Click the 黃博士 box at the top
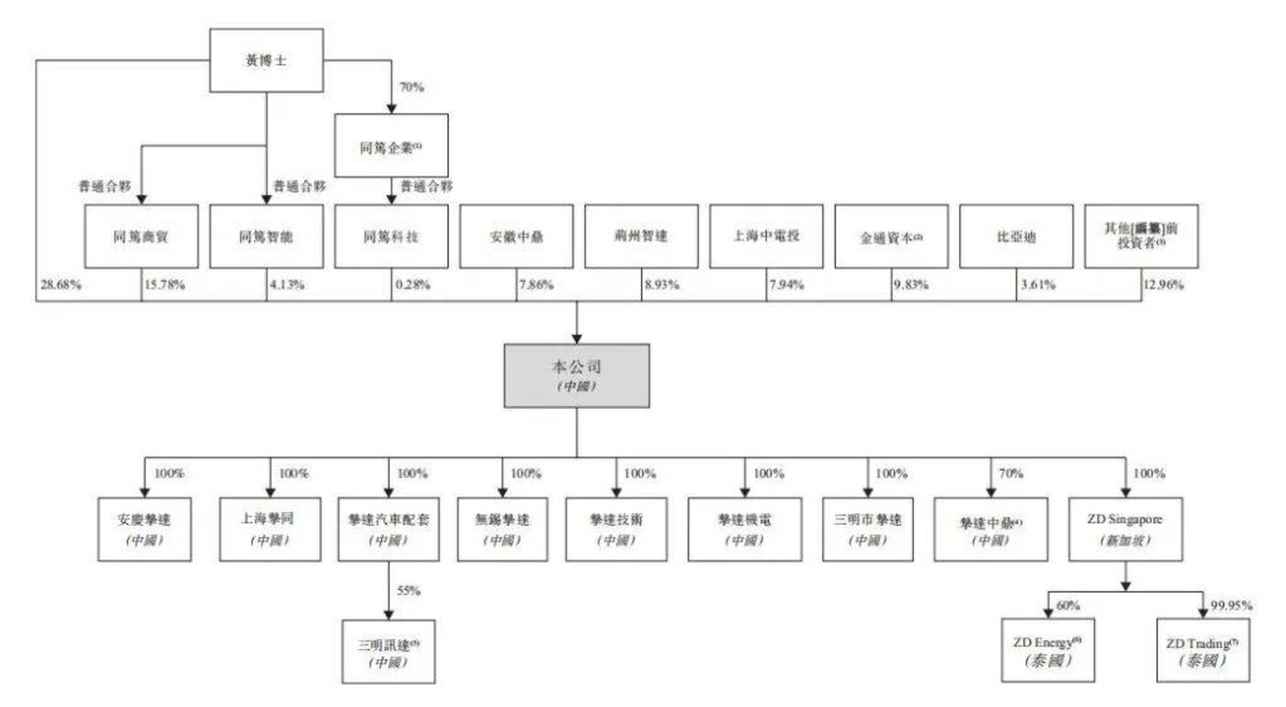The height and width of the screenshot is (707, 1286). coord(266,61)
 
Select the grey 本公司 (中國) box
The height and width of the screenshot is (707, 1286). coord(576,376)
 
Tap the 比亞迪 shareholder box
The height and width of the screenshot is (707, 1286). coord(1016,236)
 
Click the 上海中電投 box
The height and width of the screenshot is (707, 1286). coord(766,236)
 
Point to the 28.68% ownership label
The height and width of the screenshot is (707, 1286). coord(61,285)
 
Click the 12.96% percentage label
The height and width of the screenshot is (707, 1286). coord(1162,285)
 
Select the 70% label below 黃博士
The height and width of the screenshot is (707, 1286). coord(411,89)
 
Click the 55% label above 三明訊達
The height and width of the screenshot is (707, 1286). coord(409,591)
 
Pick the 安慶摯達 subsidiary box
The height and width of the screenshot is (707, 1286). coord(144,530)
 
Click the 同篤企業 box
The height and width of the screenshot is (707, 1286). coord(391,145)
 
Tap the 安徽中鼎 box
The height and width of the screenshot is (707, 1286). coord(516,236)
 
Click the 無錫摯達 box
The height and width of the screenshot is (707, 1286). coord(502,530)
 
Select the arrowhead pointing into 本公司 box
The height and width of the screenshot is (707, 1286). coord(576,337)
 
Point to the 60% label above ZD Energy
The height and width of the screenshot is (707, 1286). coord(1069,607)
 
